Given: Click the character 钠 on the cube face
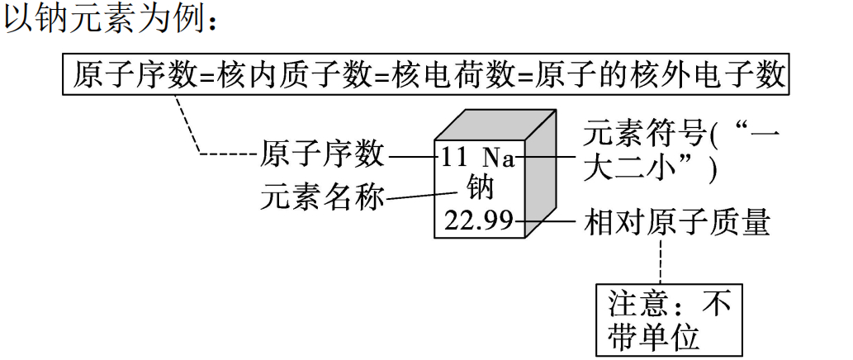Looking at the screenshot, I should (x=480, y=187).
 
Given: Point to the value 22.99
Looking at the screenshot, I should (x=478, y=220).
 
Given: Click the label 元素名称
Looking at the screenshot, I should (x=322, y=198).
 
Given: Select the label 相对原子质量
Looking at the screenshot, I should (x=677, y=221).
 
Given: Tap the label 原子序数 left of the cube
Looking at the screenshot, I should (x=322, y=154).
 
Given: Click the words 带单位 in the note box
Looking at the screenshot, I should (x=652, y=338).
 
